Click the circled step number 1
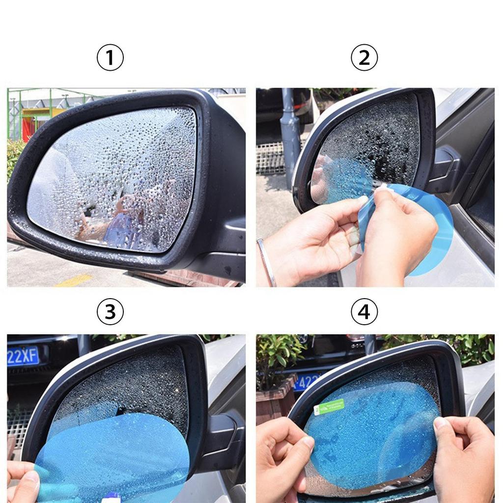coord(110,58)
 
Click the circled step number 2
coord(364,58)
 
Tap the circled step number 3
coord(110,312)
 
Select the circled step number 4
coord(364,312)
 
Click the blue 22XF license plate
coord(23,356)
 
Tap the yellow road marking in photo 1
coord(74,280)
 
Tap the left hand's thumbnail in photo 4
coord(307,443)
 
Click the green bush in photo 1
coord(14,157)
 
